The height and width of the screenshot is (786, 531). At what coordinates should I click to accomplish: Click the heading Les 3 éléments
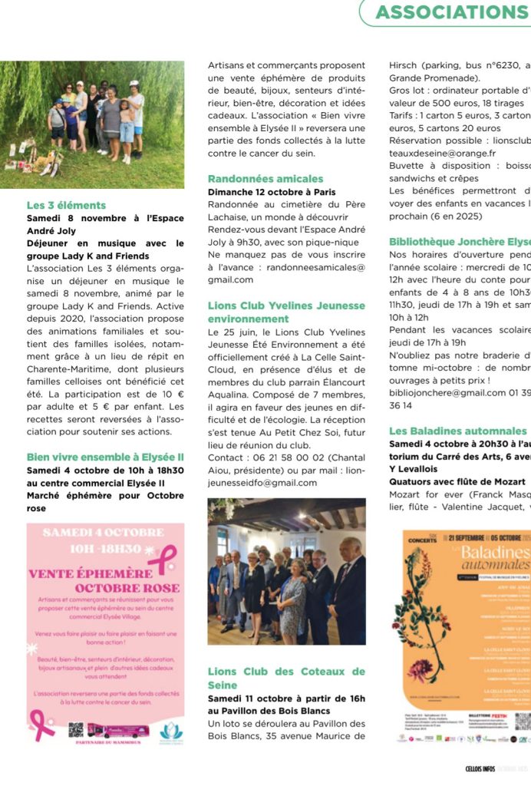[x=66, y=206]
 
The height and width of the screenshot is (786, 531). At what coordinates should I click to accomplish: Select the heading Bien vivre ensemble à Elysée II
[x=105, y=457]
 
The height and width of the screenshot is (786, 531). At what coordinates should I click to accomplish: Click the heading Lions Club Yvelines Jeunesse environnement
[x=286, y=312]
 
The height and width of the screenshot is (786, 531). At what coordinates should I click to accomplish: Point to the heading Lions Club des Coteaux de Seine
[x=286, y=678]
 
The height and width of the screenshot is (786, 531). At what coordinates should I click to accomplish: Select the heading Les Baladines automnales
[x=458, y=431]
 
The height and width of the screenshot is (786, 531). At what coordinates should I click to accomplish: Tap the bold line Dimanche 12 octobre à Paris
[x=272, y=192]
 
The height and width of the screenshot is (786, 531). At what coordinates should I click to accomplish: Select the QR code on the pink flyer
[x=75, y=729]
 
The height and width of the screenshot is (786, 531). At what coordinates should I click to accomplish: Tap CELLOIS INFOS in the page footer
[x=483, y=769]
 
